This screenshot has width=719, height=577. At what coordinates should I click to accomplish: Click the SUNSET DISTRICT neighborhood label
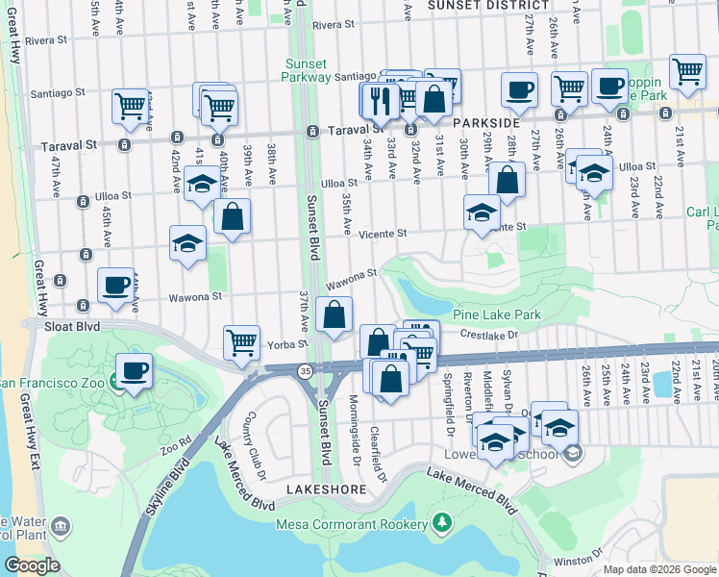(486, 6)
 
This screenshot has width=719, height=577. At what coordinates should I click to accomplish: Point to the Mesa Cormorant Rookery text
(352, 524)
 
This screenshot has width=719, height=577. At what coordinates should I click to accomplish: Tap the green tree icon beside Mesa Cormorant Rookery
(442, 523)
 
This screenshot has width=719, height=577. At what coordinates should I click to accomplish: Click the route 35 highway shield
(304, 369)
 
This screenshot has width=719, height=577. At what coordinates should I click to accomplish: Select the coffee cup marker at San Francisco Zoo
(134, 370)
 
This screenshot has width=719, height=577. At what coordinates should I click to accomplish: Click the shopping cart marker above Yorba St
(241, 341)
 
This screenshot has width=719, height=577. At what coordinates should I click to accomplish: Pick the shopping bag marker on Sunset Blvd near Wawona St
(334, 314)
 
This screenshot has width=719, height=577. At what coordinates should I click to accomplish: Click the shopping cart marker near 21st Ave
(687, 71)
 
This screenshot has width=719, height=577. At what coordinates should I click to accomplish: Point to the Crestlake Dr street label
(490, 335)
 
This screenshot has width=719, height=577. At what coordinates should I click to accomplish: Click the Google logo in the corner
(32, 565)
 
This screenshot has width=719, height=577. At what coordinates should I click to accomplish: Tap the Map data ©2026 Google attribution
(659, 569)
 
